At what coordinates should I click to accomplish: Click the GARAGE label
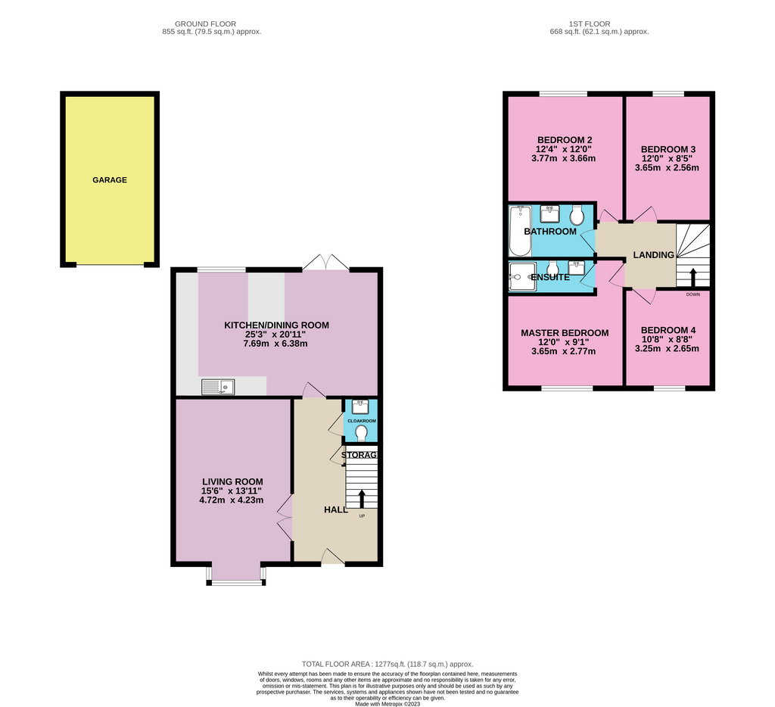click(110, 180)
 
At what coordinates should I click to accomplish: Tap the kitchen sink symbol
click(218, 387)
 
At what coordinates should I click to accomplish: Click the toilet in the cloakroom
click(361, 433)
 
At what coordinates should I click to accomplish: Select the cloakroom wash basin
click(360, 405)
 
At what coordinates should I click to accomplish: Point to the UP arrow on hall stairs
click(361, 498)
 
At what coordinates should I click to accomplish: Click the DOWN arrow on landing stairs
click(693, 276)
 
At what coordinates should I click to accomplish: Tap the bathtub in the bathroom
click(520, 230)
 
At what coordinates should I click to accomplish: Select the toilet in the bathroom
click(578, 216)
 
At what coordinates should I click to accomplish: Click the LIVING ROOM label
click(232, 481)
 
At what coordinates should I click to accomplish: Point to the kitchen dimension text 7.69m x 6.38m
click(276, 344)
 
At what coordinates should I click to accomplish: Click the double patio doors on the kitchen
click(325, 263)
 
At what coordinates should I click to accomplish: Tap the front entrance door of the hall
click(333, 558)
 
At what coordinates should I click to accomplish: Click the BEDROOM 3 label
click(668, 149)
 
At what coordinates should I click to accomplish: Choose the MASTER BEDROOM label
click(565, 333)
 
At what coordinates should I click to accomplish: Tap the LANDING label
click(653, 255)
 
